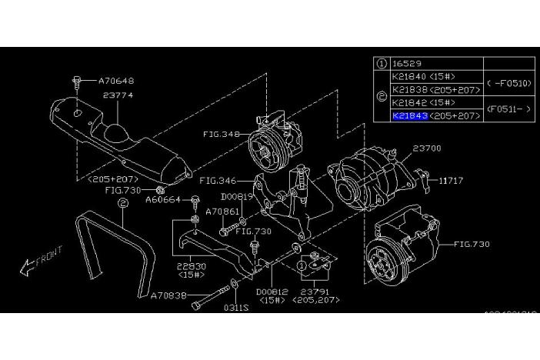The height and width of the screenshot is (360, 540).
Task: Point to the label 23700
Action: [x=428, y=148]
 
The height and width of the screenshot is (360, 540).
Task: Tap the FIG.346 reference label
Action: [x=216, y=182]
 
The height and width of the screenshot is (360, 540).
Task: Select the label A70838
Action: [x=168, y=294]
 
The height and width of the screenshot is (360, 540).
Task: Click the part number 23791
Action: [x=317, y=292]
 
